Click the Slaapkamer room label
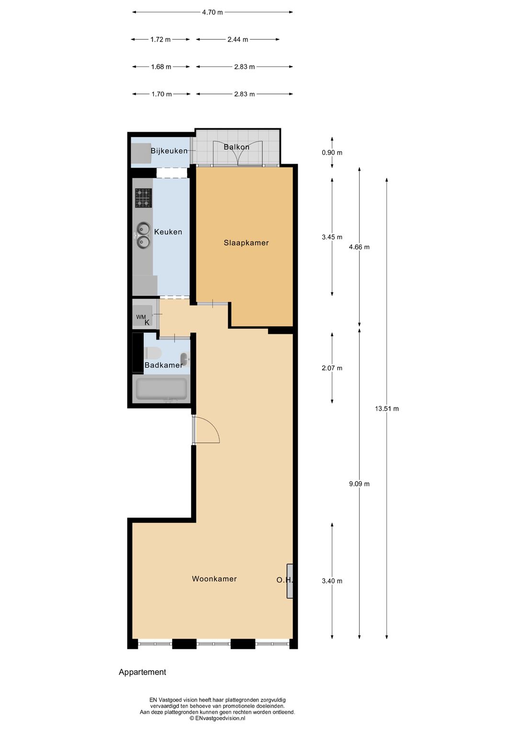tap(246, 243)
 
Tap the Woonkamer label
tap(214, 579)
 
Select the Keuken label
tap(168, 232)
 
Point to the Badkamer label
tap(163, 365)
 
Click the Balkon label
tap(236, 147)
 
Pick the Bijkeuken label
tap(169, 151)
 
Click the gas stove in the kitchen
tap(143, 198)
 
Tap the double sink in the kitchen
tap(143, 235)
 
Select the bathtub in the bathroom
tap(161, 389)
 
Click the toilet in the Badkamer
tap(153, 353)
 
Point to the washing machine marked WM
tap(142, 316)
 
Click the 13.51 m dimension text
tap(387, 409)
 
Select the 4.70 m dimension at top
tap(213, 12)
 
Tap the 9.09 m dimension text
tap(360, 484)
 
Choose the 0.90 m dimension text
tap(332, 153)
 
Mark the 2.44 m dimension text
tap(238, 40)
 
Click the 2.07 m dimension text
tap(332, 368)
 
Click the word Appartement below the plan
tap(142, 672)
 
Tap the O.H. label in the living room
tap(284, 580)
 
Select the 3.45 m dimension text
tap(332, 237)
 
